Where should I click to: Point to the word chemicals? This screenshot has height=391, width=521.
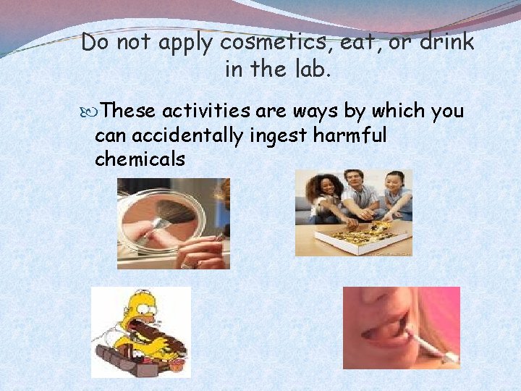tap(140, 159)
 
